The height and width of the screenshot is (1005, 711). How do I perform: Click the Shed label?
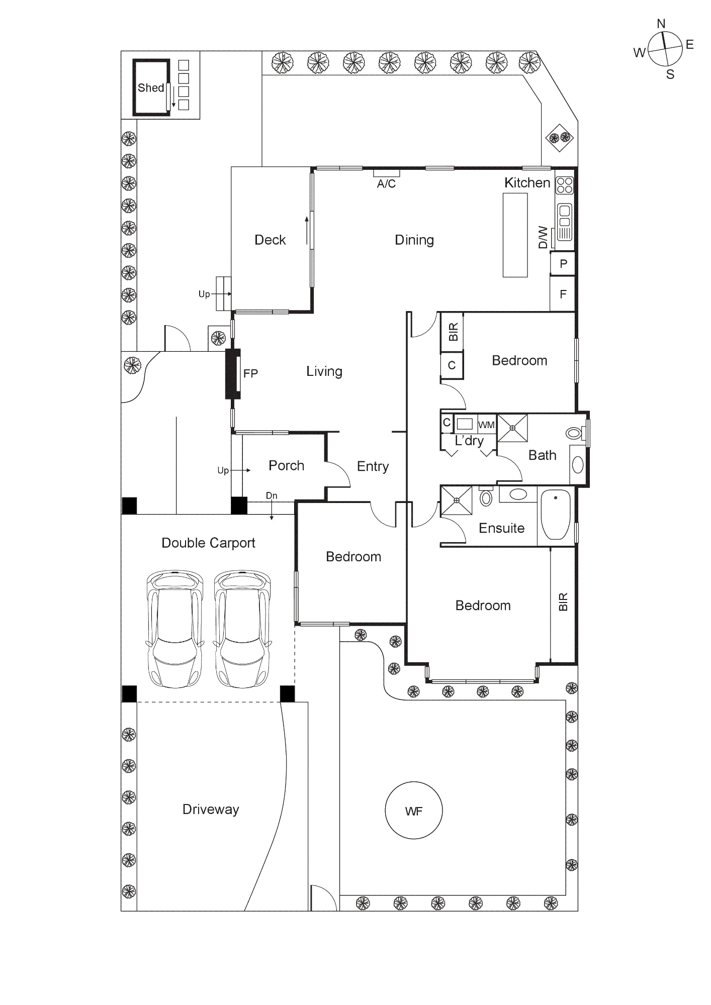click(x=151, y=88)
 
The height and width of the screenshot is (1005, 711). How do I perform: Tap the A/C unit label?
click(x=386, y=184)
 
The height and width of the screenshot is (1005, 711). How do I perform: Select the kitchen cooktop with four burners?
click(x=565, y=185)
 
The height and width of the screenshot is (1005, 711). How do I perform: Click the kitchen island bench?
click(x=515, y=235)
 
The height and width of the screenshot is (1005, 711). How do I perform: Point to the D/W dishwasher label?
click(x=543, y=237)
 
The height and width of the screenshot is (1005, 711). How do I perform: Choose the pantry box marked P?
click(x=563, y=263)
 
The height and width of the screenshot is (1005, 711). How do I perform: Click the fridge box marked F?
click(x=563, y=294)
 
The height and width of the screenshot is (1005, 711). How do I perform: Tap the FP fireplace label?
click(x=250, y=373)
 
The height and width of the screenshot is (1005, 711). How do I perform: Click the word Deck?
click(x=270, y=240)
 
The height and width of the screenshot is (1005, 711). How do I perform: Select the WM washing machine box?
click(x=486, y=425)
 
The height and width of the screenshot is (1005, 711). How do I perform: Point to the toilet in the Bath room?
click(x=576, y=433)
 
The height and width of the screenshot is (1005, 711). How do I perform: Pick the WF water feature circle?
click(x=413, y=811)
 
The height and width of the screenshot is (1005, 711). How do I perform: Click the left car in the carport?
click(x=174, y=629)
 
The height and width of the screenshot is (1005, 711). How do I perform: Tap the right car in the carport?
click(x=243, y=629)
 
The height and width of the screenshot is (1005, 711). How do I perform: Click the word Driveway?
click(x=211, y=810)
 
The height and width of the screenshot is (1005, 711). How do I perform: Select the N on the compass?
click(x=661, y=24)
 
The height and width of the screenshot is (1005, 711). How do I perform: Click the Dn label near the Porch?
click(x=272, y=495)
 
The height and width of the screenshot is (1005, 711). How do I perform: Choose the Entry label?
click(x=373, y=466)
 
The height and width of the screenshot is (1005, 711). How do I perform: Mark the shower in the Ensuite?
click(x=457, y=500)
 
